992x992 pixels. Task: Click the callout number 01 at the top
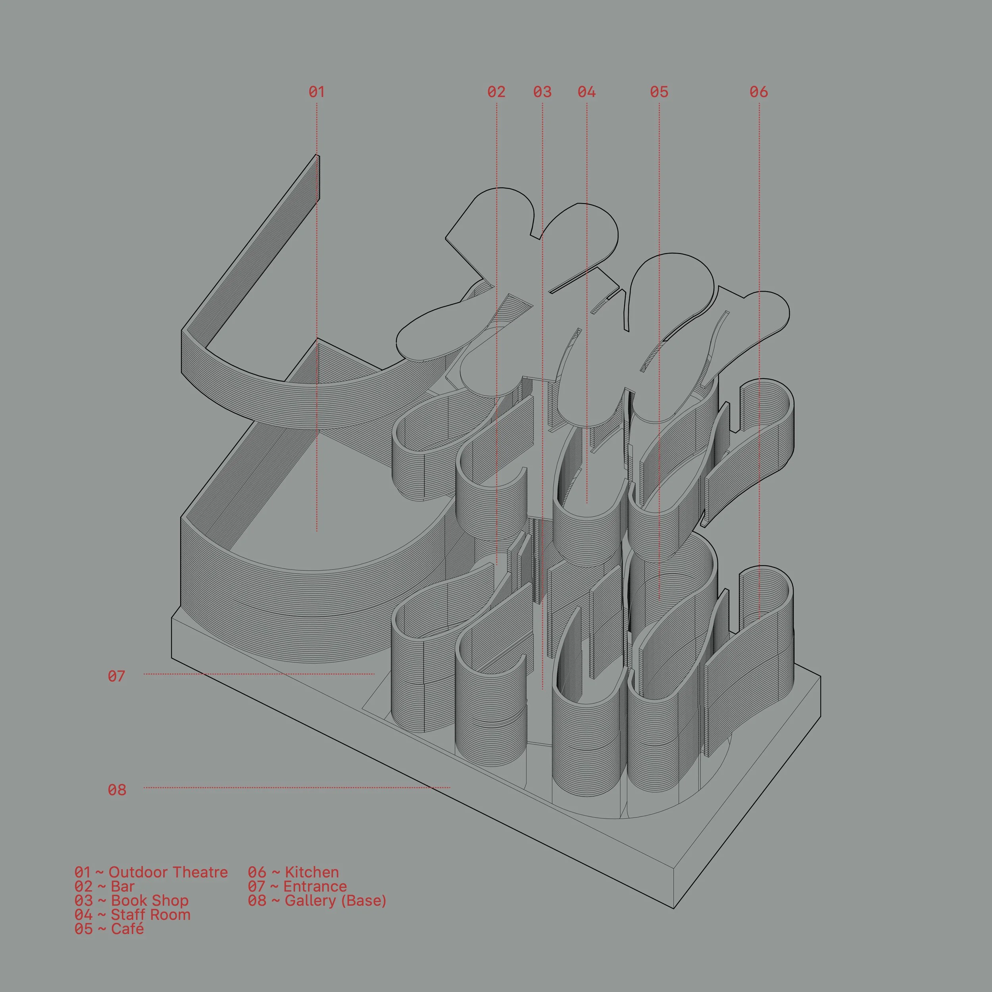point(316,92)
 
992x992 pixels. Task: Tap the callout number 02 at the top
point(496,92)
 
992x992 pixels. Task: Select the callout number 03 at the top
point(542,92)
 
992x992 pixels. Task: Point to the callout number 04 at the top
point(586,92)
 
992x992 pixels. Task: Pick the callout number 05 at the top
point(659,92)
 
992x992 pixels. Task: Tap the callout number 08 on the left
point(117,790)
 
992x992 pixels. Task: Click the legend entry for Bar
point(104,886)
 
